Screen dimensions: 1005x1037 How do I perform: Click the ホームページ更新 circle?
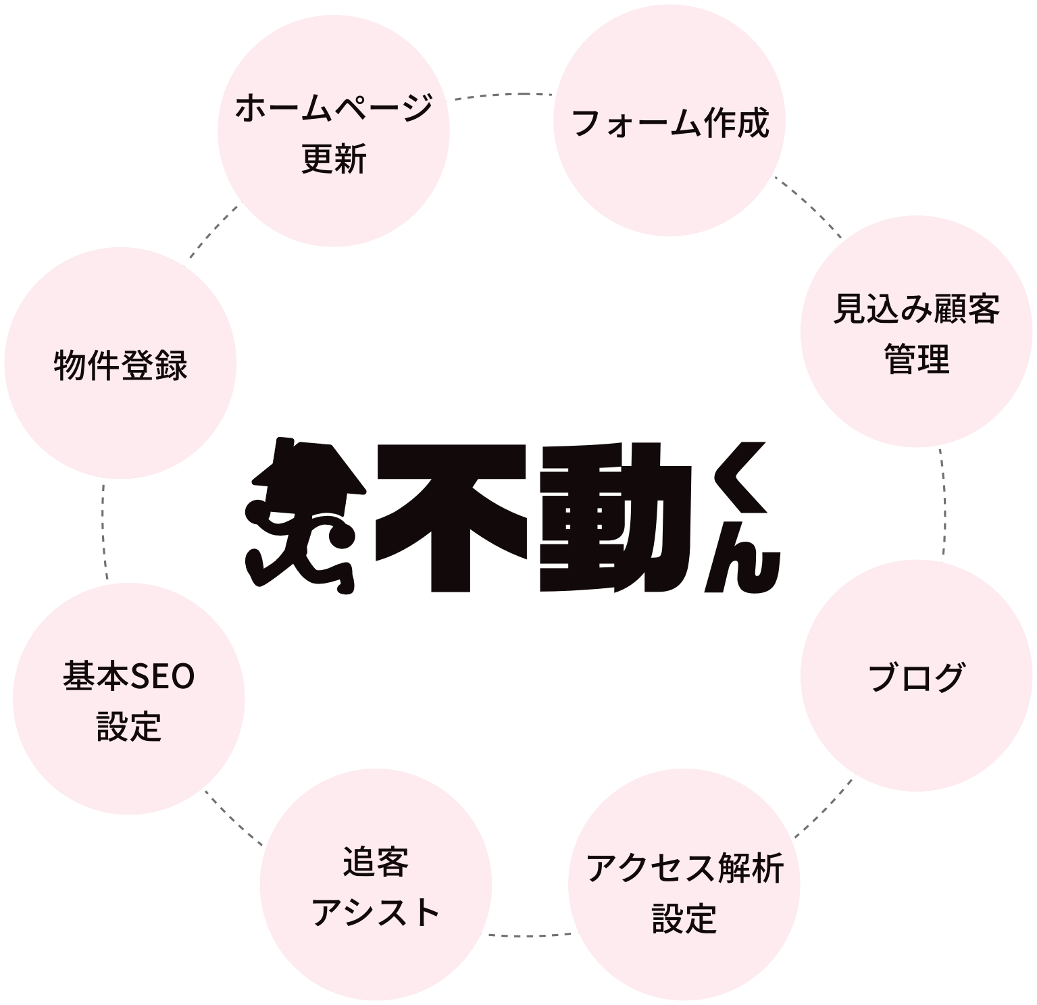tap(334, 132)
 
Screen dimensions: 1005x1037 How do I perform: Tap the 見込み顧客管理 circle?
tap(916, 332)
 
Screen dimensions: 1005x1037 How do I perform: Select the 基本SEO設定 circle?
tap(129, 700)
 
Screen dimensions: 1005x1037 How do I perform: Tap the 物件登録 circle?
tap(121, 365)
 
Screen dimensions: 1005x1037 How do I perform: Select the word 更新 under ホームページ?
tap(334, 161)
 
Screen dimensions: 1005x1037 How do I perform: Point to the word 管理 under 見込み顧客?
tap(916, 359)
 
